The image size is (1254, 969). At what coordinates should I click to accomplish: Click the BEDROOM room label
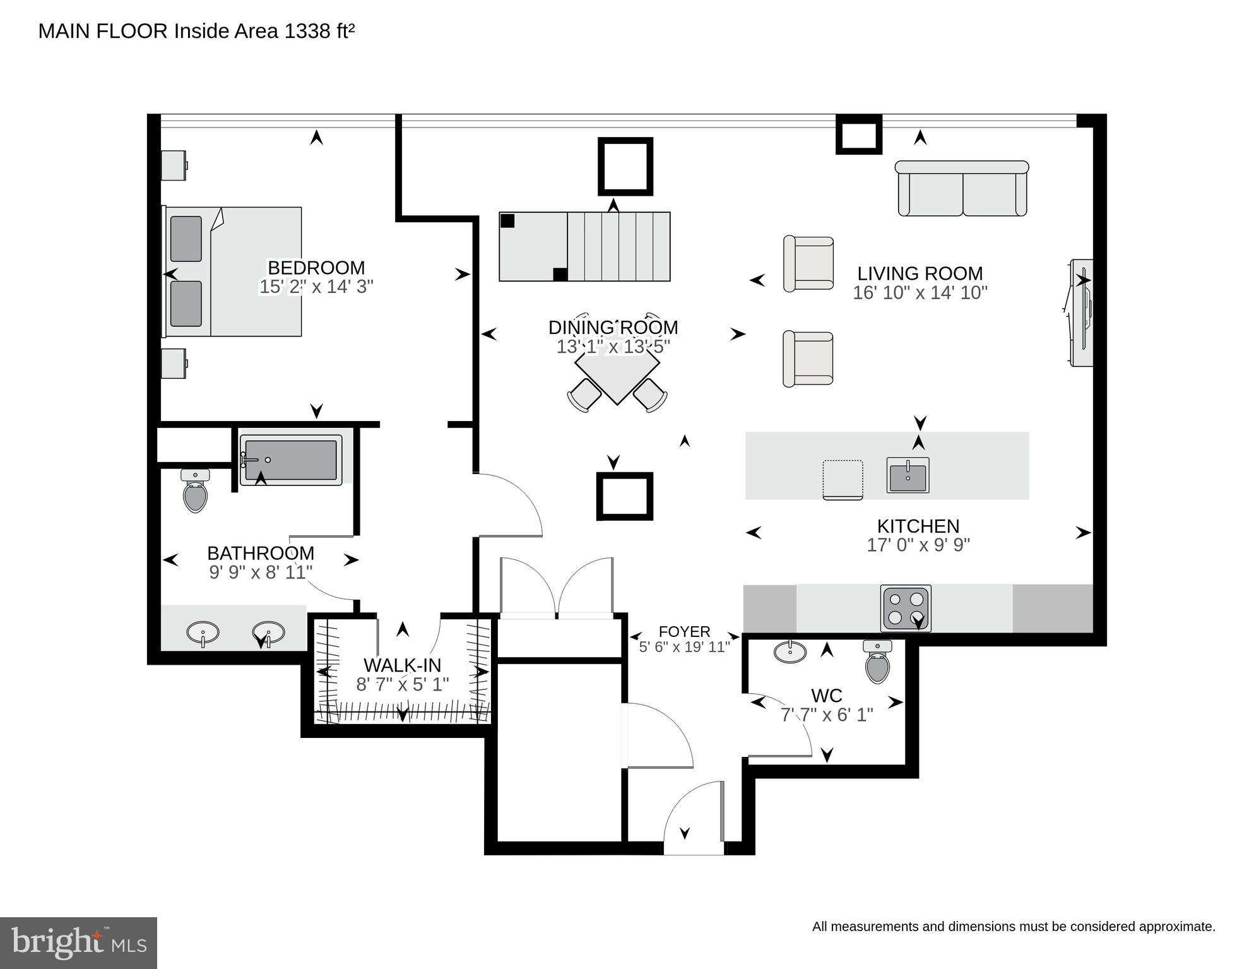pyautogui.click(x=316, y=268)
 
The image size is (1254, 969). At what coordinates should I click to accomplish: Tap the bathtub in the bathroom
pyautogui.click(x=290, y=460)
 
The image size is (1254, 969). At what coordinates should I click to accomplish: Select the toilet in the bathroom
pyautogui.click(x=195, y=492)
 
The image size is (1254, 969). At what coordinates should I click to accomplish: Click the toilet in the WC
pyautogui.click(x=877, y=662)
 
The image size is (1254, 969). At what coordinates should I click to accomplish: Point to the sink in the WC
pyautogui.click(x=790, y=651)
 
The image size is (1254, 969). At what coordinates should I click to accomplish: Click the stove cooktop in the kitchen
pyautogui.click(x=906, y=608)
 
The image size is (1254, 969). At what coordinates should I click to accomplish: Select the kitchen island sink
pyautogui.click(x=908, y=475)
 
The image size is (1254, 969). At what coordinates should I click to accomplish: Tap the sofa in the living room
pyautogui.click(x=962, y=189)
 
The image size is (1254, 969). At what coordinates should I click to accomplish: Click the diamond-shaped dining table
pyautogui.click(x=617, y=371)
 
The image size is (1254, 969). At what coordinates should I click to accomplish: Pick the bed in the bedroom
pyautogui.click(x=234, y=271)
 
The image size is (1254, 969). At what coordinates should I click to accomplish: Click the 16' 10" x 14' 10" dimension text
pyautogui.click(x=920, y=293)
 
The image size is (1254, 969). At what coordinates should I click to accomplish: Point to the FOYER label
pyautogui.click(x=684, y=631)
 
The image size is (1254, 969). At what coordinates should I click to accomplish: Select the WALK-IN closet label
pyautogui.click(x=402, y=665)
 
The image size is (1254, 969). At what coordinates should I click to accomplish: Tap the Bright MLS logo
pyautogui.click(x=78, y=943)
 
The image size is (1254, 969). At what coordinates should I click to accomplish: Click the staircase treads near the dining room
pyautogui.click(x=618, y=246)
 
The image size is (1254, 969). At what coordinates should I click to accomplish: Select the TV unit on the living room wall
pyautogui.click(x=1082, y=312)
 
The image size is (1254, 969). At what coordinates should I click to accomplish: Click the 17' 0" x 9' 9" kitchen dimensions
pyautogui.click(x=918, y=545)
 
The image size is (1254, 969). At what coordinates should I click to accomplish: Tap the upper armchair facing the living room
pyautogui.click(x=808, y=264)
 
